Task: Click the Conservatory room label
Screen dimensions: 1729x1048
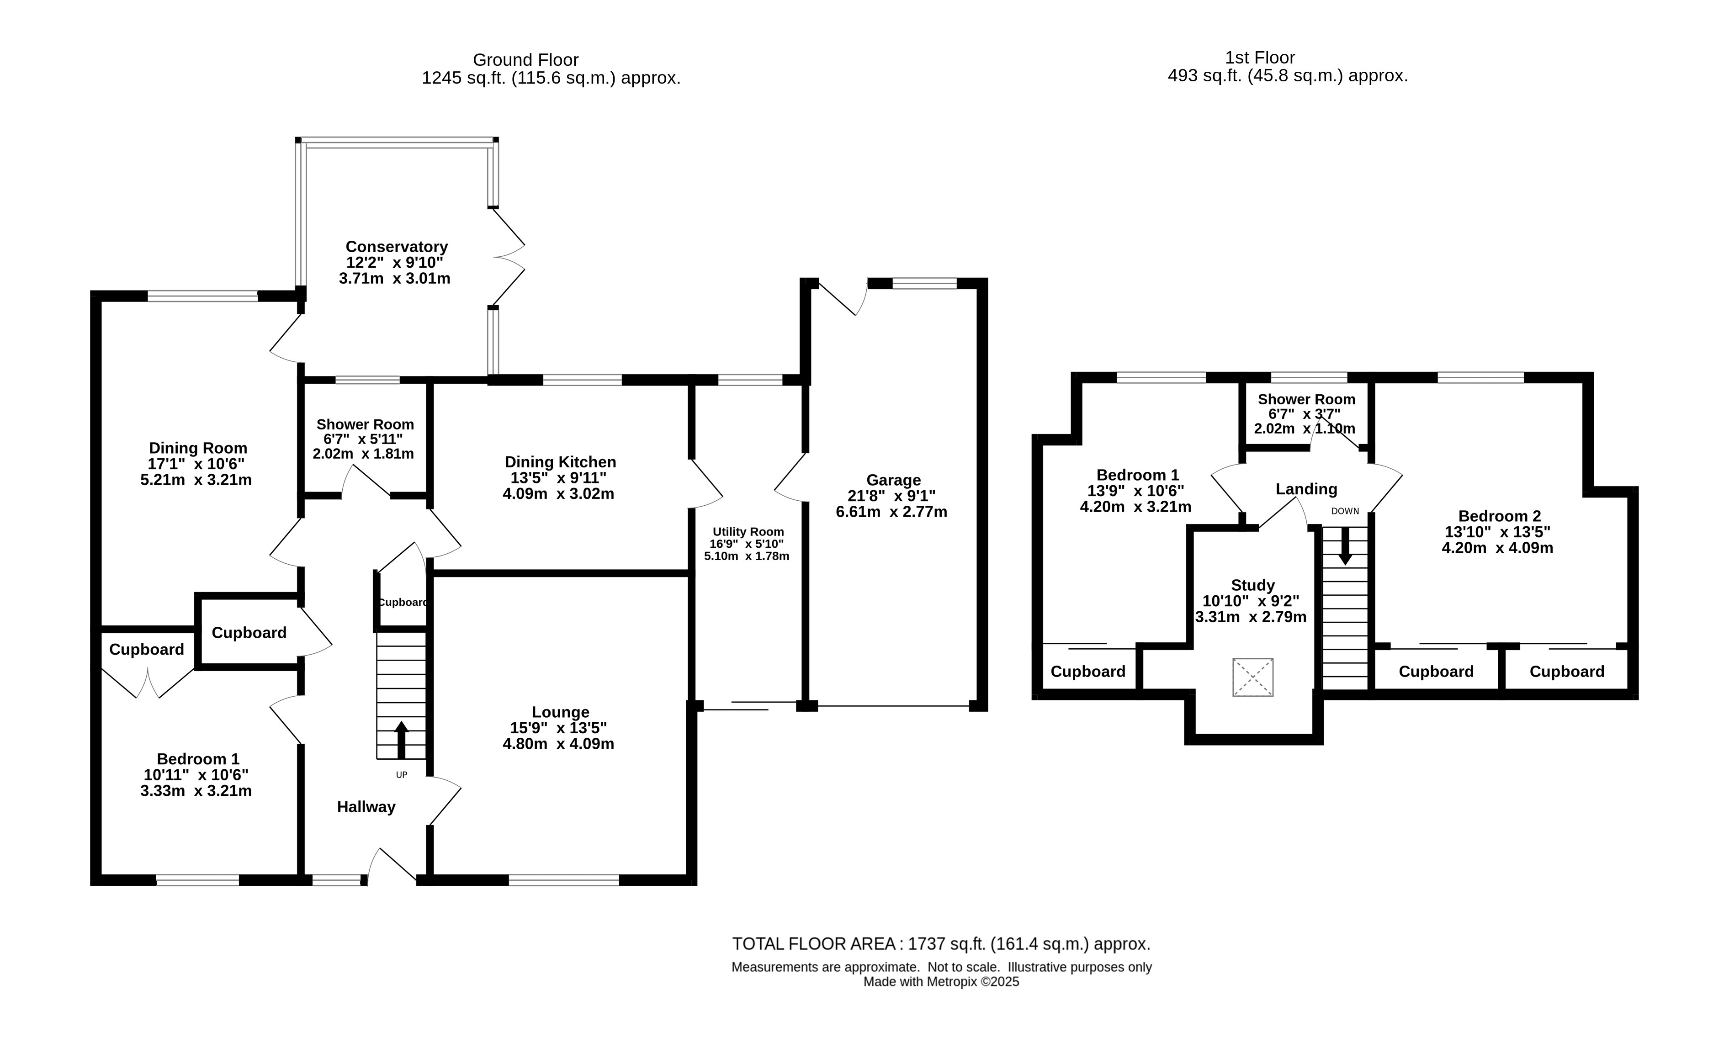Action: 397,247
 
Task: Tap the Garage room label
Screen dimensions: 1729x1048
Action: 893,481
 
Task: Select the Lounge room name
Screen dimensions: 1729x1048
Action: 560,712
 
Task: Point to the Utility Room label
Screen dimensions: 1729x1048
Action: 748,532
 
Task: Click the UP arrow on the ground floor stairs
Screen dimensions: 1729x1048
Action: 401,740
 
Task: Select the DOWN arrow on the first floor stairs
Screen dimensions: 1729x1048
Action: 1345,546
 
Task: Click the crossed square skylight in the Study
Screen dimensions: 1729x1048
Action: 1252,677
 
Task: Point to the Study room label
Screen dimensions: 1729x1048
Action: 1252,585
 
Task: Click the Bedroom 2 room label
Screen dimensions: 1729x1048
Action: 1500,516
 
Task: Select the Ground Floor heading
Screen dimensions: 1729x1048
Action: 525,60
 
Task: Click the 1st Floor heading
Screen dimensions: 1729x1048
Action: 1260,58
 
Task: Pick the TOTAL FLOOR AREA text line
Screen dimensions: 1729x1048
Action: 941,943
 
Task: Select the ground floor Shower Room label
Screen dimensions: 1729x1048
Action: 365,424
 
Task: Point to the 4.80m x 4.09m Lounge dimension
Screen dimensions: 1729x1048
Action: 558,744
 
